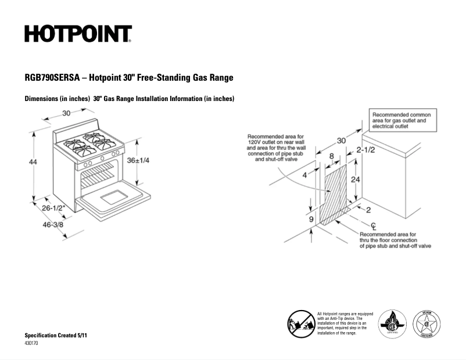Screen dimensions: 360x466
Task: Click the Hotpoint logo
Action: tap(78, 34)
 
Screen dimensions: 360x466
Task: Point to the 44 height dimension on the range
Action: tap(33, 162)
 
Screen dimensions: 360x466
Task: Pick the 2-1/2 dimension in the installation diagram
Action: tap(365, 150)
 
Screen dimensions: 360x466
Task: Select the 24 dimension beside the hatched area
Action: tap(356, 179)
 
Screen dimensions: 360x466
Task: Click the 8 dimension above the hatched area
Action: tap(331, 156)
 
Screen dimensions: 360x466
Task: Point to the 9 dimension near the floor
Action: tap(310, 219)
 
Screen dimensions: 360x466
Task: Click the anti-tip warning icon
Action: tap(300, 322)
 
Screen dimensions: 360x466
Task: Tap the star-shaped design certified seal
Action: tap(426, 324)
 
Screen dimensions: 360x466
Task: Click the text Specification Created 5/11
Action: tap(56, 336)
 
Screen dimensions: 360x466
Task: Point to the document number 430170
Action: tap(31, 344)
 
